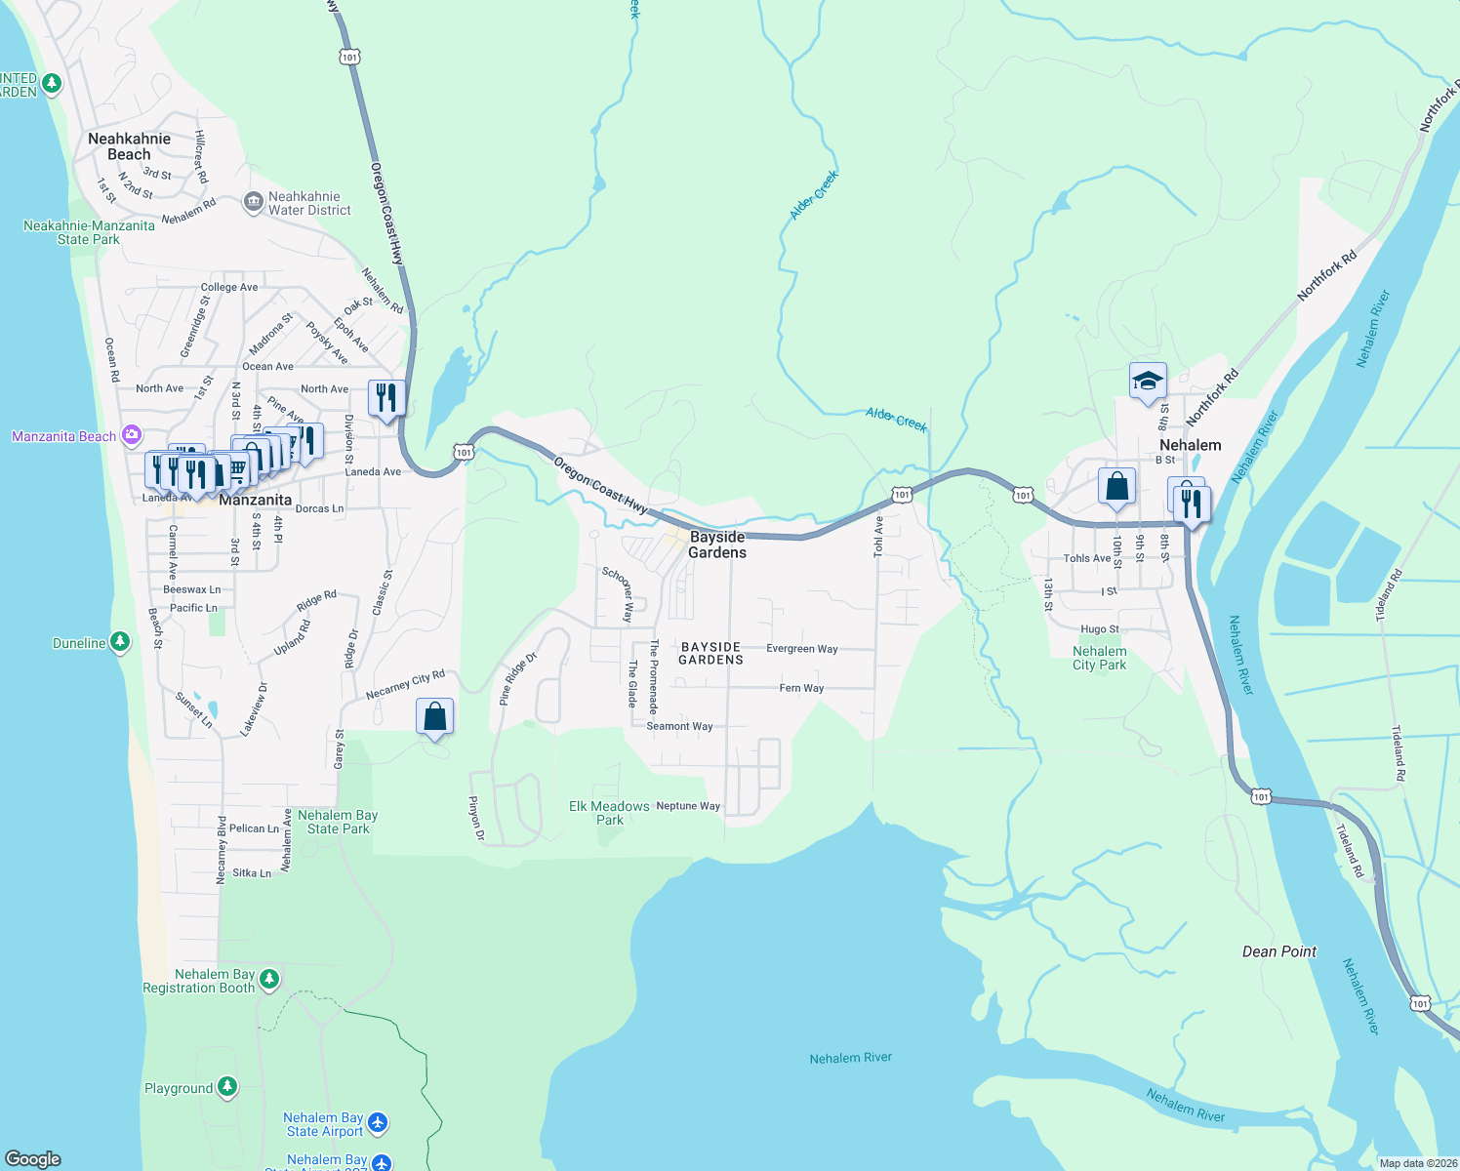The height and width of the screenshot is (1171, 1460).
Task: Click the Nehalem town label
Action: pyautogui.click(x=1190, y=445)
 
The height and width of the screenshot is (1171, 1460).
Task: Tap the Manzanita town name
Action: pyautogui.click(x=255, y=500)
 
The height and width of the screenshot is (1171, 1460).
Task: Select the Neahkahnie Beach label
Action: pyautogui.click(x=129, y=146)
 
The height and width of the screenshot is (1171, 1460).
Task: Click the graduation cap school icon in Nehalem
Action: pyautogui.click(x=1148, y=381)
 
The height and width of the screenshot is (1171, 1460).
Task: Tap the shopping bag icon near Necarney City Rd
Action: pyautogui.click(x=435, y=717)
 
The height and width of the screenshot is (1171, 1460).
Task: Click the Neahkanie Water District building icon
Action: pyautogui.click(x=253, y=202)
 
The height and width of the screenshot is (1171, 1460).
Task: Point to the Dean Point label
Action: pyautogui.click(x=1278, y=951)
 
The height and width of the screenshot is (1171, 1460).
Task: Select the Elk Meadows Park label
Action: pyautogui.click(x=609, y=813)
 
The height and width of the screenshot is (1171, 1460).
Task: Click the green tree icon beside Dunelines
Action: pyautogui.click(x=119, y=642)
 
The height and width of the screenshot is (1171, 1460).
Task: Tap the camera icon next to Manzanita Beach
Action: pyautogui.click(x=132, y=435)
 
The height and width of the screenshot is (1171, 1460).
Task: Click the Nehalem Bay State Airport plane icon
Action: pyautogui.click(x=378, y=1123)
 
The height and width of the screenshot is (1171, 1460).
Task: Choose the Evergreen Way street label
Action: pyautogui.click(x=801, y=649)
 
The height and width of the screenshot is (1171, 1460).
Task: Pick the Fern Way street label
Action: pyautogui.click(x=801, y=688)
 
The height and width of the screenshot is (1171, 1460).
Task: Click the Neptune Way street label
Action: pyautogui.click(x=688, y=806)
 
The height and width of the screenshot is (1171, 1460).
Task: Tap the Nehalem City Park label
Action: pyautogui.click(x=1099, y=658)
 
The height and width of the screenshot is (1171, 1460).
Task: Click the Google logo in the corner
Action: pyautogui.click(x=33, y=1159)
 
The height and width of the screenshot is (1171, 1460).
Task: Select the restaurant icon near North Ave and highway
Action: pyautogui.click(x=386, y=398)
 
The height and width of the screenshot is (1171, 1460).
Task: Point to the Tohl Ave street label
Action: pyautogui.click(x=878, y=537)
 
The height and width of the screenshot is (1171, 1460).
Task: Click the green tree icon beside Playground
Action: pyautogui.click(x=227, y=1086)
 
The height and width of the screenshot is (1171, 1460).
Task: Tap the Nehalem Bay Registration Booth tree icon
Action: pyautogui.click(x=268, y=979)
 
